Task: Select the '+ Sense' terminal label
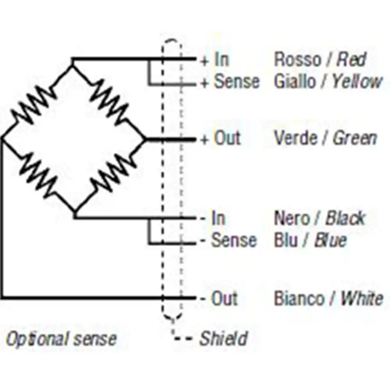coord(230,82)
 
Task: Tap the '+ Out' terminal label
coord(220,139)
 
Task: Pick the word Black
coord(345,218)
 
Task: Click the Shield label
coord(223,339)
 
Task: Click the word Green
coord(355,139)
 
